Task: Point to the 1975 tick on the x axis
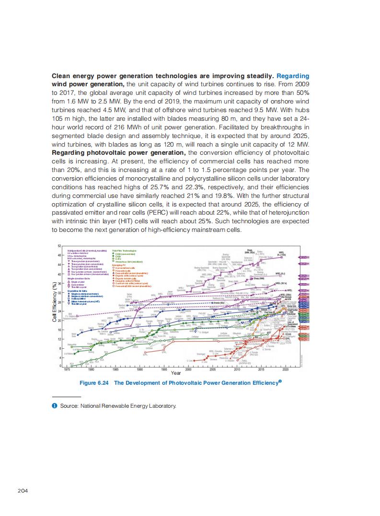click(x=67, y=370)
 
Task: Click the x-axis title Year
click(x=176, y=373)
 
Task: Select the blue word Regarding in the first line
click(x=293, y=76)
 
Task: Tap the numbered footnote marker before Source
click(x=55, y=406)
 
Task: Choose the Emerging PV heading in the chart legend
click(x=119, y=264)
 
